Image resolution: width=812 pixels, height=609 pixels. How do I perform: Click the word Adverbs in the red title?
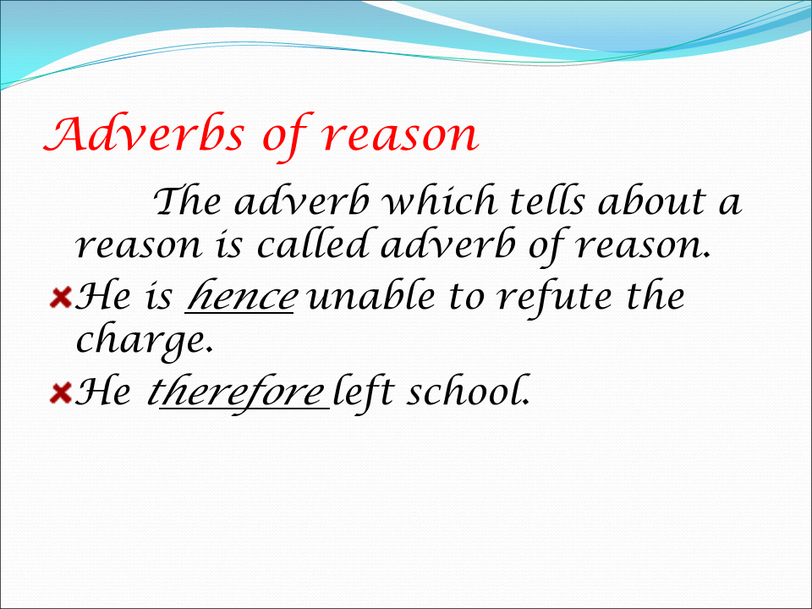pos(144,134)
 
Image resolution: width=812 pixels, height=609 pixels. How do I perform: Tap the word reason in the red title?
pos(399,135)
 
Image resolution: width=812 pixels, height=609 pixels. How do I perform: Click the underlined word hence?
pos(241,296)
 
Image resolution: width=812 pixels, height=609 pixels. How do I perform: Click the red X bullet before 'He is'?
pos(61,299)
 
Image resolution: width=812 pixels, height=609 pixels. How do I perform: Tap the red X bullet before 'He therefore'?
pos(61,392)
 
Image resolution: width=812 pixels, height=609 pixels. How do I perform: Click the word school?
pos(468,391)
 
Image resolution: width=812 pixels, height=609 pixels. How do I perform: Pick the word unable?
pos(370,296)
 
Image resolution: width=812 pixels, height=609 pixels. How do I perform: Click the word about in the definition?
pos(651,201)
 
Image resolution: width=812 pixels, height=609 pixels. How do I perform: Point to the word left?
pos(364,392)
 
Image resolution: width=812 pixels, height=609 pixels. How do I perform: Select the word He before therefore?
pos(102,392)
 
